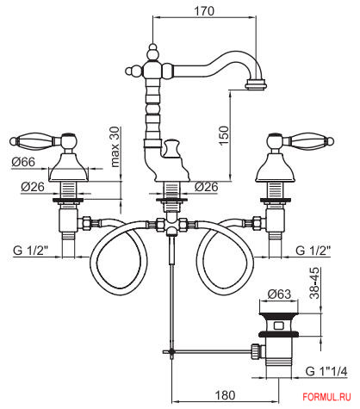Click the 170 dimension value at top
[204, 11]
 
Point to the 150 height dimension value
[224, 135]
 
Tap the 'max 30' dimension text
[115, 147]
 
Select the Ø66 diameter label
[23, 162]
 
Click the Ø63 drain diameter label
[279, 294]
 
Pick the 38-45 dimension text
[314, 283]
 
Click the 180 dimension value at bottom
[225, 395]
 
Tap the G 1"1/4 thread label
[326, 371]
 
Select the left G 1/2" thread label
[30, 251]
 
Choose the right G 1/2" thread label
[313, 251]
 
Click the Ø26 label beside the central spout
[206, 187]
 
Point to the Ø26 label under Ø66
[33, 187]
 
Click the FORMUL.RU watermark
[326, 397]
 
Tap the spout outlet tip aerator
[256, 85]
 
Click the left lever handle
[43, 140]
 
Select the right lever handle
[301, 140]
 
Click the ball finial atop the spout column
[153, 53]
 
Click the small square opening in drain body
[279, 325]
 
